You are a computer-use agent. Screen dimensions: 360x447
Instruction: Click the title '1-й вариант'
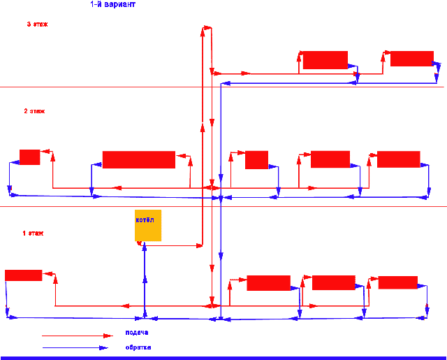tap(113, 4)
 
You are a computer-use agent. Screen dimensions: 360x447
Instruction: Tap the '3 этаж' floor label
tap(37, 24)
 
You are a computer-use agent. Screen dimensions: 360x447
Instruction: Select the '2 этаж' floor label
tap(34, 110)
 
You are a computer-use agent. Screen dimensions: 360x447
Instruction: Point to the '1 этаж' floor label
tap(33, 233)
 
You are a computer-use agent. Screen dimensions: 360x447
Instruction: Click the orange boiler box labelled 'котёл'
tap(148, 225)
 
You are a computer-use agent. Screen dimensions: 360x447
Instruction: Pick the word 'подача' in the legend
tap(137, 333)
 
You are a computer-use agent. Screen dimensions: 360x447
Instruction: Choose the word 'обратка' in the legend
tap(138, 347)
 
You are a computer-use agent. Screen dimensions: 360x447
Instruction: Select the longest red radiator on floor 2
tap(138, 159)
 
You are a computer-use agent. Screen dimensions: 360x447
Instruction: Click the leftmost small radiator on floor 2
tap(29, 157)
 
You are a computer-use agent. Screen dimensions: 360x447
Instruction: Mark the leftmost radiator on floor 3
tap(325, 60)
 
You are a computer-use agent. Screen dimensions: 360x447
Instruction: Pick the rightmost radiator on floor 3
tap(411, 58)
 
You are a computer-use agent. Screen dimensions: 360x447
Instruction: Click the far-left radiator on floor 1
tap(23, 275)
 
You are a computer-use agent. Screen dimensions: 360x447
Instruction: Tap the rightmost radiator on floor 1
tap(397, 282)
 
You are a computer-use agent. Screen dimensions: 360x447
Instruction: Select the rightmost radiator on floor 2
tap(398, 159)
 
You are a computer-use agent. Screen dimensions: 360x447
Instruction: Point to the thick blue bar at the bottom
tap(223, 357)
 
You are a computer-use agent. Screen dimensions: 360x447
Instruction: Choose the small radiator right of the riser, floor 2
tap(256, 159)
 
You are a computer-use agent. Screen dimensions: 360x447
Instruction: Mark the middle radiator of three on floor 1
tap(333, 282)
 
